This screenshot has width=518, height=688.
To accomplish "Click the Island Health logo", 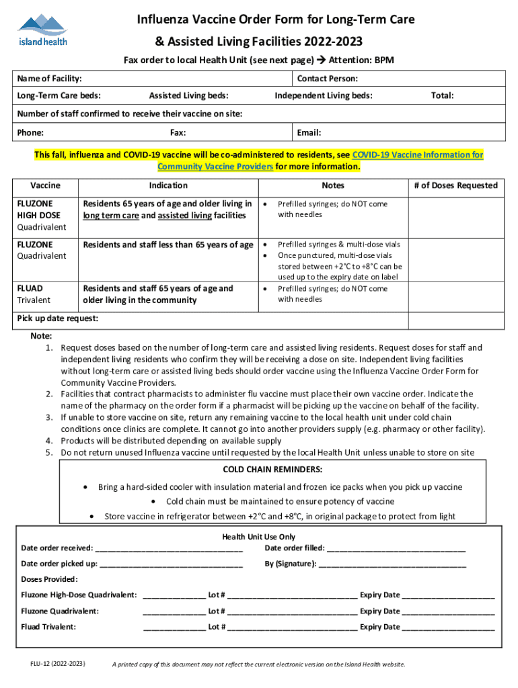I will tap(42, 30).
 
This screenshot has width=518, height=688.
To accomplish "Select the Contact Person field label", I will tap(327, 79).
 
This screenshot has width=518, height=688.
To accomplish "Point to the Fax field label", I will tap(178, 132).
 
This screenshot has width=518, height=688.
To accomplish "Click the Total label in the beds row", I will tap(442, 96).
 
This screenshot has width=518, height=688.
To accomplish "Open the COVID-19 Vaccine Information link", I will tap(417, 155).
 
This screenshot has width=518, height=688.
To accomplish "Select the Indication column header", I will tap(168, 185).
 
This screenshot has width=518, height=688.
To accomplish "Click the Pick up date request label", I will tap(57, 318).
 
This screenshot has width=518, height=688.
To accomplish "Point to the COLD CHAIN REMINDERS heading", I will tap(272, 469).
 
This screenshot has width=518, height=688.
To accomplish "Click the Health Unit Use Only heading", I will tap(259, 537).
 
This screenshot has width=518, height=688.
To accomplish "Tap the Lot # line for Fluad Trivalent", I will tap(293, 627).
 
